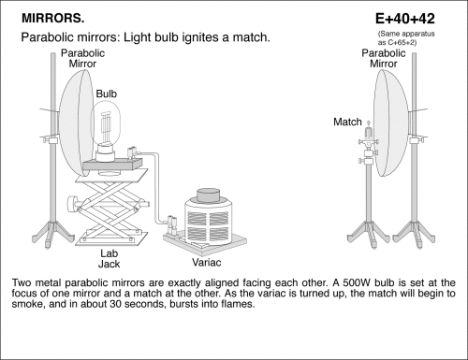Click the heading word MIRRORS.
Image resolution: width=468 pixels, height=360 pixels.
coord(52,19)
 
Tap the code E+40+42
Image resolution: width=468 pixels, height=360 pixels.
coord(405,19)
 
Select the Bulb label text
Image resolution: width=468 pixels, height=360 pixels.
coord(107,94)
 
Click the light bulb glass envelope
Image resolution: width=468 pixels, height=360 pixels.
coord(106,123)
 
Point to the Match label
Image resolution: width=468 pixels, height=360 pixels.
coord(347,122)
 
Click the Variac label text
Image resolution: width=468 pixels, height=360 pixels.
coord(207,263)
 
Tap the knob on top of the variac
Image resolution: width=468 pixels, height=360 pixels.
coord(208,194)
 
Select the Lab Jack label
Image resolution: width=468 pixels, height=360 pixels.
coord(109,259)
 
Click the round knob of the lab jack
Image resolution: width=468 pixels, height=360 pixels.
coord(72,204)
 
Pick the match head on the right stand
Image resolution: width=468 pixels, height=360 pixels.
coord(369,122)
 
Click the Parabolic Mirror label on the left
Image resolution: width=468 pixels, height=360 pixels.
coord(82,58)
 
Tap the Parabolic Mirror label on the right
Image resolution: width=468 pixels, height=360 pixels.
coord(384,58)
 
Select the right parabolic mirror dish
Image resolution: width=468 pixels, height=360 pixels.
coord(391,123)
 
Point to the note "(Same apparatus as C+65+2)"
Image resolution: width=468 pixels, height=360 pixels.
coord(406,38)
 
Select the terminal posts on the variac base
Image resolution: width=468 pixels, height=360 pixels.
coord(172,224)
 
